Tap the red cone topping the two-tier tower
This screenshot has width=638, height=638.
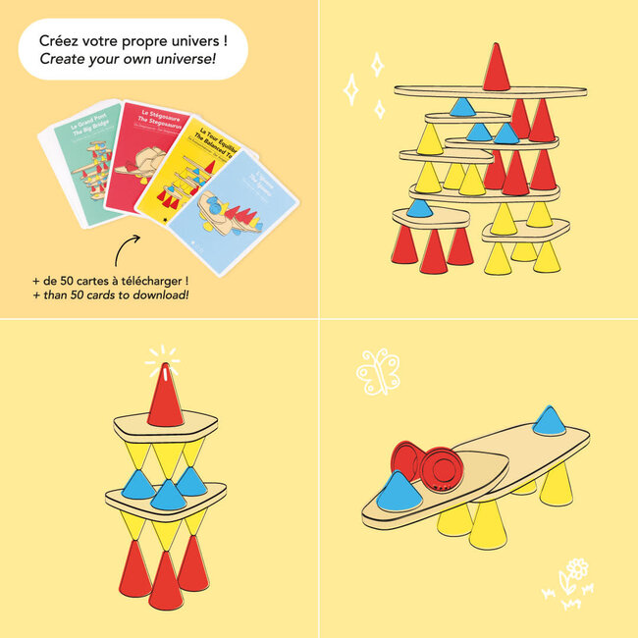166,392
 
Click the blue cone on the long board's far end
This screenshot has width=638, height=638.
545,421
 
